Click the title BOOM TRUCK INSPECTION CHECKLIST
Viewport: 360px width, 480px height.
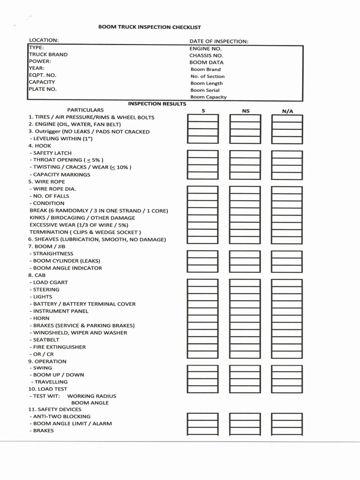[x=149, y=27]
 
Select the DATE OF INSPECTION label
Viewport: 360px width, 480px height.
[x=218, y=41]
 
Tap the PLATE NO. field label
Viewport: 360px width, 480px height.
[x=43, y=89]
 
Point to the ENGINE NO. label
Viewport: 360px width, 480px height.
[x=205, y=48]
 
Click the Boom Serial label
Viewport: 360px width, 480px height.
[x=205, y=90]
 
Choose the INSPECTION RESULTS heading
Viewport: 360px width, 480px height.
[x=157, y=104]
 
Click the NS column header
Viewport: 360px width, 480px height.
[x=245, y=111]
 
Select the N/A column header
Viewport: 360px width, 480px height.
[x=287, y=111]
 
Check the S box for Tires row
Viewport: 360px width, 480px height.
[x=202, y=118]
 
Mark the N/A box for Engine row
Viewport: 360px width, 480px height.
[x=287, y=125]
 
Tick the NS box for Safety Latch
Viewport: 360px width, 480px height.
[x=245, y=154]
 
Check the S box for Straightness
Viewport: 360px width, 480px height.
[x=202, y=254]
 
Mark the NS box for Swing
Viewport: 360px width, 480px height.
[x=245, y=368]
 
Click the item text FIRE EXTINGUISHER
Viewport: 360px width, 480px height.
[x=59, y=347]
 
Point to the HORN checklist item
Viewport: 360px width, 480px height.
[x=41, y=318]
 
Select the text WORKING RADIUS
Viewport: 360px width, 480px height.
[x=92, y=396]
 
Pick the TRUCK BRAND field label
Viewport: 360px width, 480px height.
[x=48, y=54]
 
